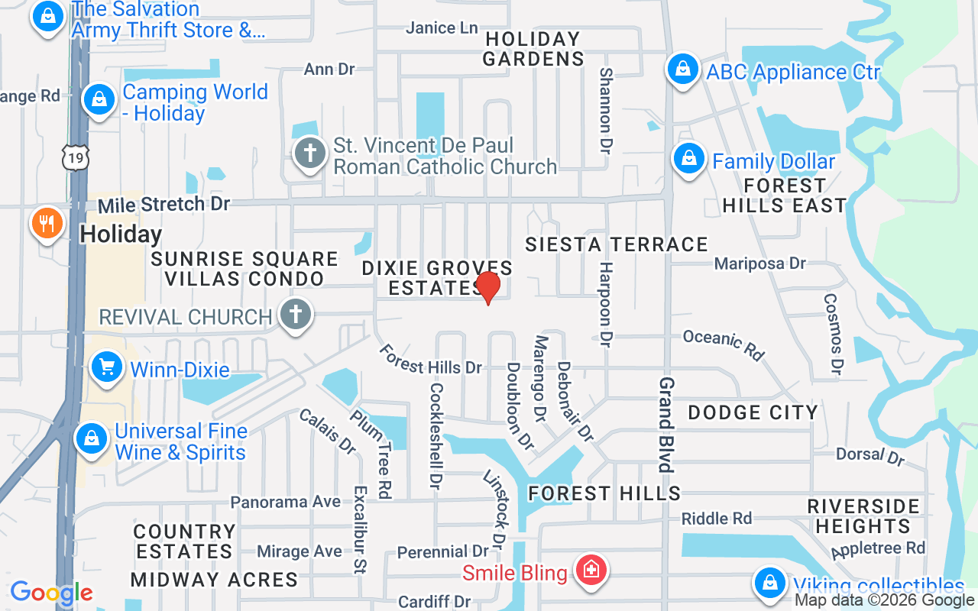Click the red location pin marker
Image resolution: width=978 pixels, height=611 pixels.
tap(487, 286)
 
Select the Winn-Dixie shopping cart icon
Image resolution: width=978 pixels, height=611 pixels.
tap(107, 368)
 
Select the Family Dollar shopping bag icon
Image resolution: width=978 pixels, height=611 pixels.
tap(688, 160)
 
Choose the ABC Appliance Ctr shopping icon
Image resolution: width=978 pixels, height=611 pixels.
tap(682, 70)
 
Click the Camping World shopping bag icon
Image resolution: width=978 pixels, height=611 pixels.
tap(99, 99)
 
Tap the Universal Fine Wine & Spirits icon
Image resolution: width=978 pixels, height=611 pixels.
tap(91, 439)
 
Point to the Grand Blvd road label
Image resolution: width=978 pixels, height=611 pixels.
tap(666, 424)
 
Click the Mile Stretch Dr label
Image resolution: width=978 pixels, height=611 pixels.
tap(164, 205)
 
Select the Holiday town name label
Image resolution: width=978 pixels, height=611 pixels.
tap(121, 234)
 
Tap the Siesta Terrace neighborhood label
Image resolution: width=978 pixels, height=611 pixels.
tap(617, 244)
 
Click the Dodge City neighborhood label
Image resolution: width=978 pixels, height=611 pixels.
tap(753, 412)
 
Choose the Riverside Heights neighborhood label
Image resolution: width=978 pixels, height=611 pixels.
tap(863, 516)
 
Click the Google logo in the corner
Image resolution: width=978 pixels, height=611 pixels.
tap(51, 593)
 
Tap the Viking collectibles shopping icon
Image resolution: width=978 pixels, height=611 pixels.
tap(769, 584)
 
